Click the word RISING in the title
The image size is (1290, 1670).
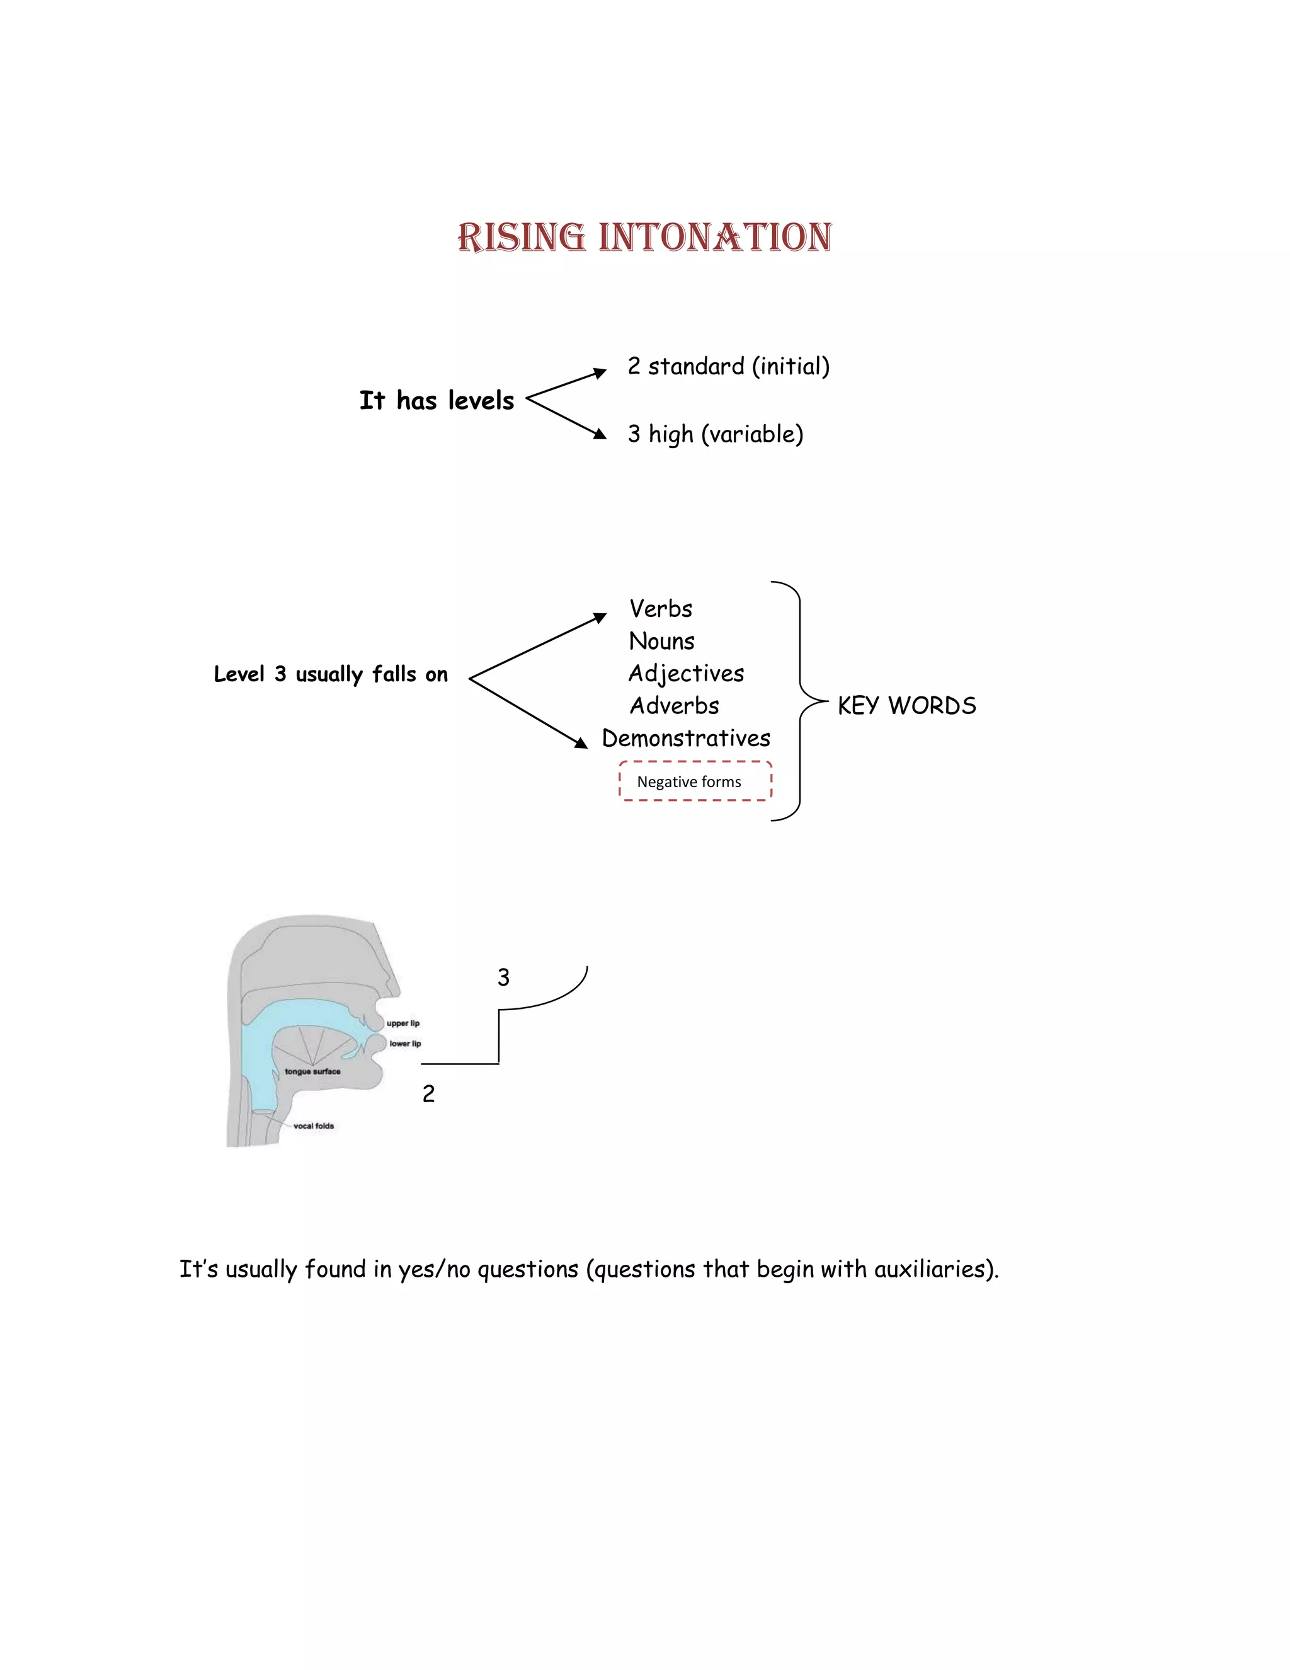click(x=521, y=237)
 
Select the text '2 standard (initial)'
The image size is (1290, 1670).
click(x=728, y=366)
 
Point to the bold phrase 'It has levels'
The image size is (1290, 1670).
click(x=437, y=401)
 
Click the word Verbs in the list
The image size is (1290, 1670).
click(x=661, y=609)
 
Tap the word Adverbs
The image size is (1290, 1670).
click(x=674, y=706)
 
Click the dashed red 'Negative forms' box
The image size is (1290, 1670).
click(x=695, y=781)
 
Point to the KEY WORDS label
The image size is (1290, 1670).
click(x=906, y=706)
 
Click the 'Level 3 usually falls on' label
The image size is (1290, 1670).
click(x=330, y=674)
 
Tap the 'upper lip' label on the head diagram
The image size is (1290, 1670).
click(x=402, y=1023)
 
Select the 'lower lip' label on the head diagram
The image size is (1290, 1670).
click(x=405, y=1044)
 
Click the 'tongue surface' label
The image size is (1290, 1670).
click(x=312, y=1071)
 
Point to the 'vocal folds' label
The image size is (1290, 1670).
click(x=313, y=1126)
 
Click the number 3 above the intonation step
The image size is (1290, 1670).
click(x=503, y=977)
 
